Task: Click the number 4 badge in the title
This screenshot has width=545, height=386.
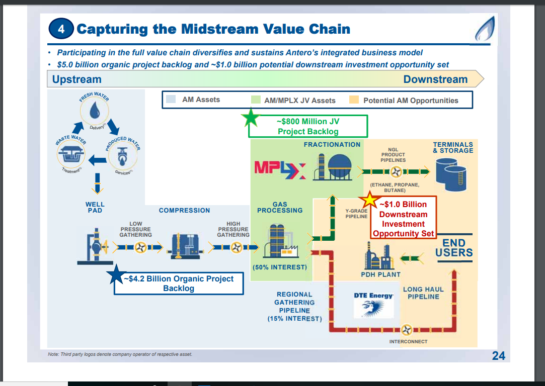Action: (x=61, y=29)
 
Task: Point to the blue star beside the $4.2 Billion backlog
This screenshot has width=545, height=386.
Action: (x=117, y=274)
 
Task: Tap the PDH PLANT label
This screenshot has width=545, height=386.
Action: (x=380, y=274)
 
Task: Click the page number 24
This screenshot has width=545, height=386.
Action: (x=498, y=356)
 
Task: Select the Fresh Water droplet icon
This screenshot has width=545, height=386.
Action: (x=96, y=112)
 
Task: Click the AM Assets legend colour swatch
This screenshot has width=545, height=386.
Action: (x=171, y=100)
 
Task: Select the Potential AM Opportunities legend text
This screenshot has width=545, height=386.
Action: (x=411, y=101)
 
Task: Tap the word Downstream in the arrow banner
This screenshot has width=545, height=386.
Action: (x=435, y=79)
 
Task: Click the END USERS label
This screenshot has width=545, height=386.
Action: (x=454, y=248)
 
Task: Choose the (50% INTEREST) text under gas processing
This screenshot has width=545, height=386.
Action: (x=279, y=267)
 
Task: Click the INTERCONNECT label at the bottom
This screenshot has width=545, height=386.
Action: (x=408, y=342)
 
